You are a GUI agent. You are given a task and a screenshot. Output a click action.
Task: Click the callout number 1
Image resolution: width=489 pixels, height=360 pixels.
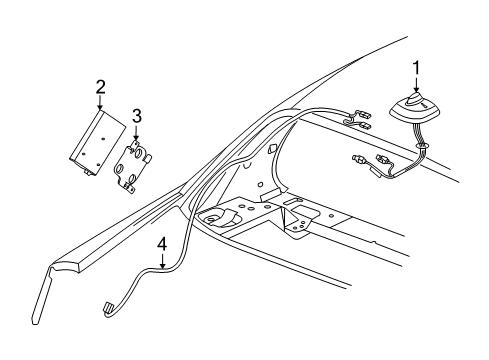pyautogui.click(x=416, y=69)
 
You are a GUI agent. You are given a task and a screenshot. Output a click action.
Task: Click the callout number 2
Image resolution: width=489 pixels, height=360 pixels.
pyautogui.click(x=100, y=88)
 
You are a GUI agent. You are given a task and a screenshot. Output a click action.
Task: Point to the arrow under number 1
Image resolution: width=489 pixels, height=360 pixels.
pyautogui.click(x=416, y=87)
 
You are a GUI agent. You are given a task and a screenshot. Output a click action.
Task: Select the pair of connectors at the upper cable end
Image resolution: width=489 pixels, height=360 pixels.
pyautogui.click(x=360, y=120)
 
